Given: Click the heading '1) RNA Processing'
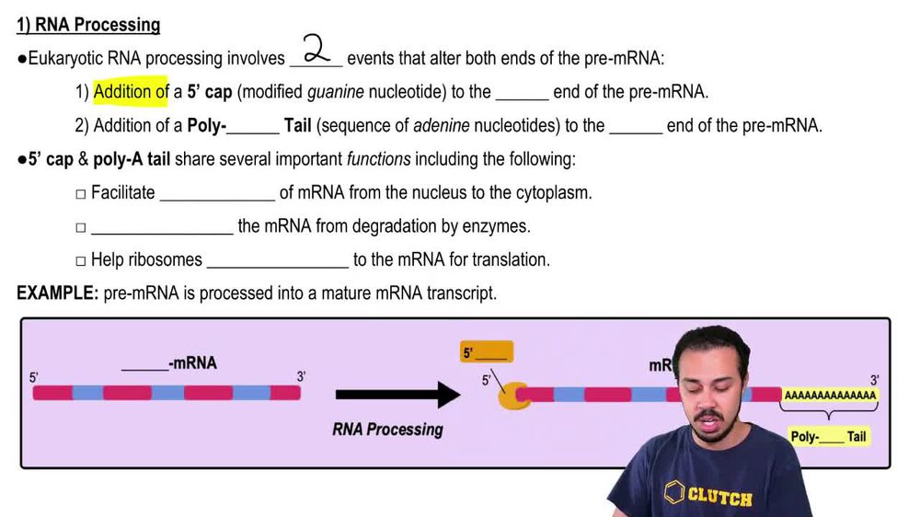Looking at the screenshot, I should [88, 26].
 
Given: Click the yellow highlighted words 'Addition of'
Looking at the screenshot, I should [130, 92].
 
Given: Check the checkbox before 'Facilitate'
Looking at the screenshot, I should [81, 194].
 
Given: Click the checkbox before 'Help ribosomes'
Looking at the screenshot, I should [81, 261].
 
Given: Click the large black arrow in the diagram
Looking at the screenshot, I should [397, 395].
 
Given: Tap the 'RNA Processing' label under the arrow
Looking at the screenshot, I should [387, 430].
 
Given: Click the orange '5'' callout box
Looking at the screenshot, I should [486, 352].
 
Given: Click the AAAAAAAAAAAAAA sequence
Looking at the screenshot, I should [830, 396].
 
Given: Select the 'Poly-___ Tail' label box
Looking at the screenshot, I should [828, 437].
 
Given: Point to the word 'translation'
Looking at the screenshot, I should [511, 260].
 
